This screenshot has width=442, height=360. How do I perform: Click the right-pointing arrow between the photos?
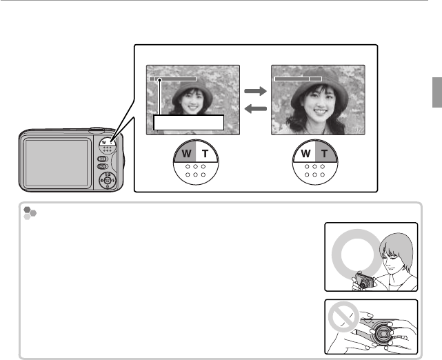pos(255,91)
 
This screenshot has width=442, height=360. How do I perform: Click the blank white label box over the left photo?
pos(190,123)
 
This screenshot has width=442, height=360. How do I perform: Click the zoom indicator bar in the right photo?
pos(298,79)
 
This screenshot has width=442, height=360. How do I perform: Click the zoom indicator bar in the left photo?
pos(172,79)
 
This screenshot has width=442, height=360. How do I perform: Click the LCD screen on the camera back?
pos(55,161)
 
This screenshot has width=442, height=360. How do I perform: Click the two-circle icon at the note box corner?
pos(29,213)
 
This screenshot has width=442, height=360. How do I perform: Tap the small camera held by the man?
pos(363,281)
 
